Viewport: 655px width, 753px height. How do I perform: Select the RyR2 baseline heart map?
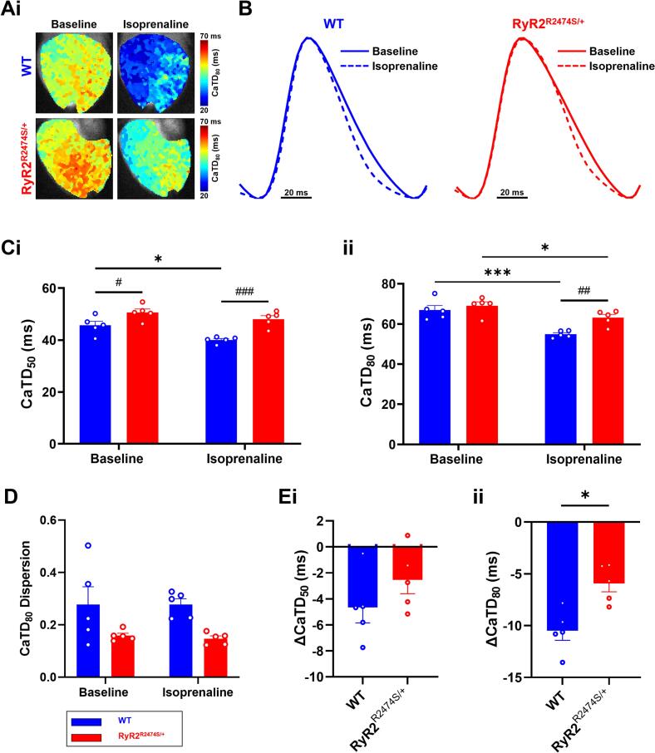point(75,160)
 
